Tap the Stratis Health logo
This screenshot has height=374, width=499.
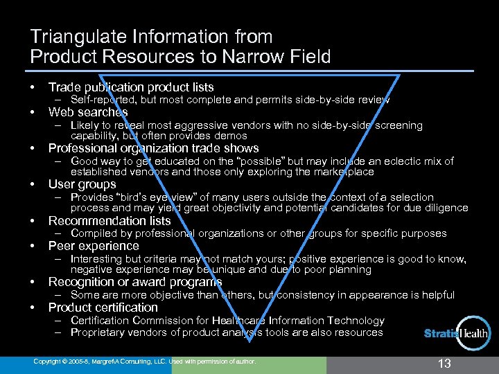(456, 335)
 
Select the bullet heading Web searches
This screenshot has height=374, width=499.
(88, 112)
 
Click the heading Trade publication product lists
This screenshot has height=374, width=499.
(131, 87)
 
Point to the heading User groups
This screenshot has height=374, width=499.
(82, 184)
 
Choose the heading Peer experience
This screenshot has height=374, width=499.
(94, 246)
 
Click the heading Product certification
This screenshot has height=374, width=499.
(103, 308)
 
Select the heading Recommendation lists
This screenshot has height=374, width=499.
(110, 221)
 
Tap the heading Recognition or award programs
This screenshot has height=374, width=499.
(135, 282)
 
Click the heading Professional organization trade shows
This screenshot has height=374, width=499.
(153, 148)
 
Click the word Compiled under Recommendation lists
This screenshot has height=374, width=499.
(94, 233)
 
